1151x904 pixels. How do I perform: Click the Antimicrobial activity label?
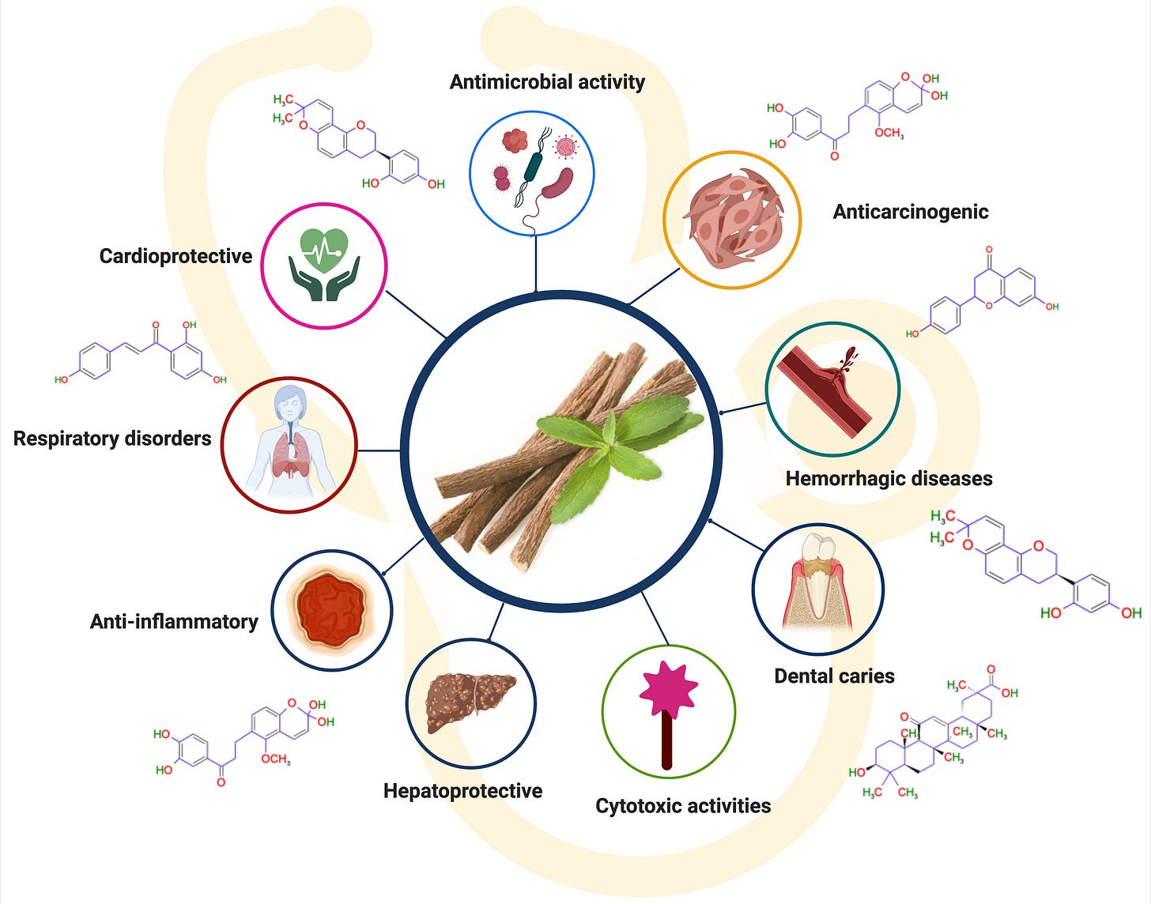[x=547, y=82]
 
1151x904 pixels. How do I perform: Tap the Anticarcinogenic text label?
[x=911, y=212]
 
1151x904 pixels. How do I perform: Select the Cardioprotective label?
[x=175, y=256]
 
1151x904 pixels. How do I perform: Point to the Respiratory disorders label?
[x=112, y=439]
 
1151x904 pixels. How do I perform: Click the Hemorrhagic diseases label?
[x=889, y=478]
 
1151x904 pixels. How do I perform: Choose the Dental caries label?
[x=834, y=676]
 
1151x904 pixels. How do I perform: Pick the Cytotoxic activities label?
[x=683, y=806]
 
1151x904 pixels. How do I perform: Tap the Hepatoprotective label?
[x=462, y=791]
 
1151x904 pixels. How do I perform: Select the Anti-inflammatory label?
[x=174, y=622]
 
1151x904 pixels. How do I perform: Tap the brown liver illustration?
[x=470, y=701]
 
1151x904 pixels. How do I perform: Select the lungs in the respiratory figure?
[x=289, y=458]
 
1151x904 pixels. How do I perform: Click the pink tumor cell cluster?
[x=732, y=218]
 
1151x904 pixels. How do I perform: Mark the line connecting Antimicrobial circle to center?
[x=536, y=264]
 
